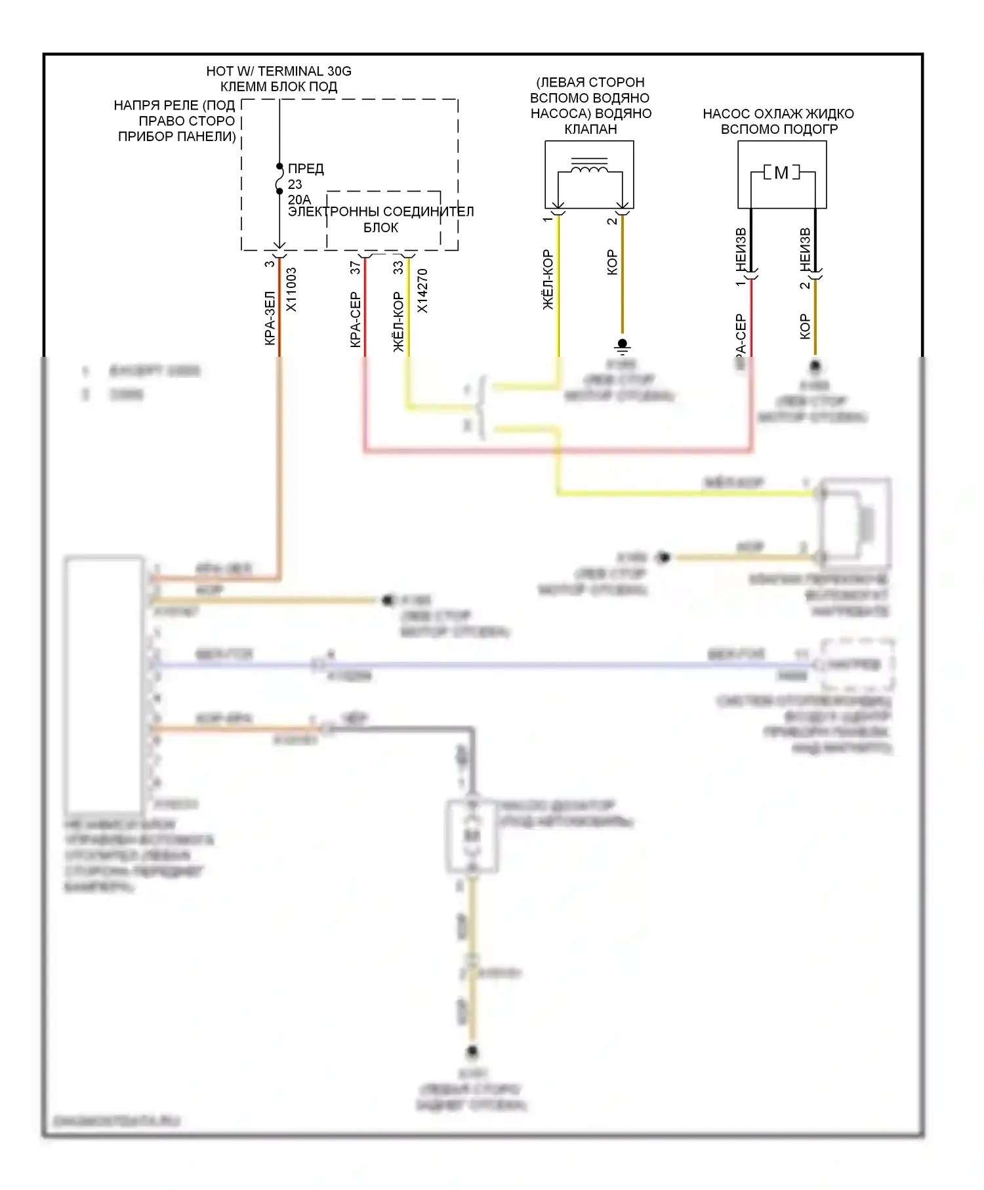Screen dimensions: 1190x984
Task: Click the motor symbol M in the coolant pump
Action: pyautogui.click(x=781, y=173)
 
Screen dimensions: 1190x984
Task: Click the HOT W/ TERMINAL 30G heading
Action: pyautogui.click(x=278, y=71)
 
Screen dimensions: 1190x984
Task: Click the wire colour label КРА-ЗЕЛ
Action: pyautogui.click(x=269, y=318)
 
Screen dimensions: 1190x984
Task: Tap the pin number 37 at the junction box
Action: pyautogui.click(x=355, y=268)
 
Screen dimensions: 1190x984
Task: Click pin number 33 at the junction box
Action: pyautogui.click(x=398, y=268)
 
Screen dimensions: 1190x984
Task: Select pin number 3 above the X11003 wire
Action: pyautogui.click(x=269, y=264)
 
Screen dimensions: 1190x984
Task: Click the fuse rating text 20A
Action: pyautogui.click(x=298, y=199)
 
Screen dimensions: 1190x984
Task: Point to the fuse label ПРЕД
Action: pyautogui.click(x=306, y=169)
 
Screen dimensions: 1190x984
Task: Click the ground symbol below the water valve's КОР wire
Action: pyautogui.click(x=623, y=344)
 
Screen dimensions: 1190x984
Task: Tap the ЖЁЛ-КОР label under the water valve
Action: pyautogui.click(x=548, y=279)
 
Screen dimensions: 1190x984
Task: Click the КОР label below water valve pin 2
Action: pyautogui.click(x=612, y=262)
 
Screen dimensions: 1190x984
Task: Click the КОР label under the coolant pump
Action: pyautogui.click(x=805, y=327)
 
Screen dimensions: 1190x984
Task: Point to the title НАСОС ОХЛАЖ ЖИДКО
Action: pyautogui.click(x=778, y=113)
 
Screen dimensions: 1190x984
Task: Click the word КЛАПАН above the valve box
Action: pyautogui.click(x=590, y=129)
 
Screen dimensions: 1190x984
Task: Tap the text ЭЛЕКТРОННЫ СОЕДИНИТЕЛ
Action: pyautogui.click(x=380, y=212)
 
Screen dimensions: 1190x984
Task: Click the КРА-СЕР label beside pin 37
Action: pyautogui.click(x=355, y=319)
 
